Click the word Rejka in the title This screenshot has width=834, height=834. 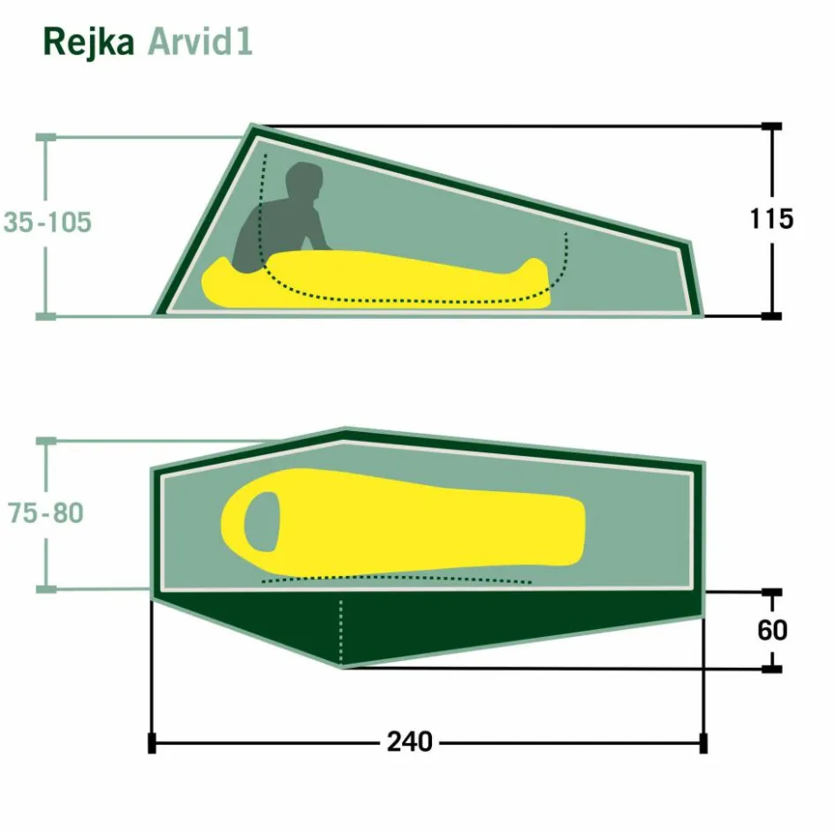[x=88, y=43]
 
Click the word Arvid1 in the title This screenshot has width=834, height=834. [x=200, y=42]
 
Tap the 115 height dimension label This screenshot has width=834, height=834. [x=771, y=218]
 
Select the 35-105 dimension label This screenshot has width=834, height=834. [x=48, y=222]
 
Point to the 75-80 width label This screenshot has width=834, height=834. [x=46, y=513]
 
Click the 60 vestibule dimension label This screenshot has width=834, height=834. [x=772, y=630]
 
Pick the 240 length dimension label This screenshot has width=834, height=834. [x=410, y=742]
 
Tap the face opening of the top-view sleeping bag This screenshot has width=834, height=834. [x=262, y=522]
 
